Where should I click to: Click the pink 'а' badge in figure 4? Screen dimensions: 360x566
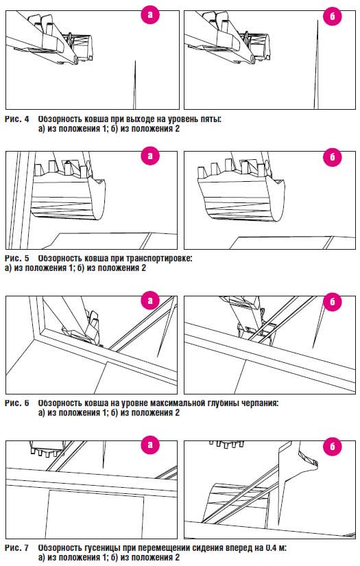[x=150, y=15]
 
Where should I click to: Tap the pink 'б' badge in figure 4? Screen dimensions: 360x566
[x=332, y=16]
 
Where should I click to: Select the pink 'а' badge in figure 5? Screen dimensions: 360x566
[x=150, y=156]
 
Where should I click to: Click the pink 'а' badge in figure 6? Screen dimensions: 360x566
[x=150, y=300]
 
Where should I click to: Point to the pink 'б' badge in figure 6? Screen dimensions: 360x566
[x=332, y=301]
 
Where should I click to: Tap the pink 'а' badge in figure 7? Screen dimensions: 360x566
[x=150, y=445]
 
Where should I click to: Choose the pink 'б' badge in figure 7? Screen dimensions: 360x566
[x=332, y=446]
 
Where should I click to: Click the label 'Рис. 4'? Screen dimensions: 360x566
[x=17, y=119]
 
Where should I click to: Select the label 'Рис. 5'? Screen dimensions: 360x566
[x=17, y=259]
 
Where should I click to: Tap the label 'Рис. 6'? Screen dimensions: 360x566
[x=17, y=403]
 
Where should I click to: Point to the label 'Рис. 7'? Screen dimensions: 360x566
[x=17, y=547]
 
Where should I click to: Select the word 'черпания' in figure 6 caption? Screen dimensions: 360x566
[x=260, y=403]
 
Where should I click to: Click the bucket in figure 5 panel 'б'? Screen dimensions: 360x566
[x=241, y=189]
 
